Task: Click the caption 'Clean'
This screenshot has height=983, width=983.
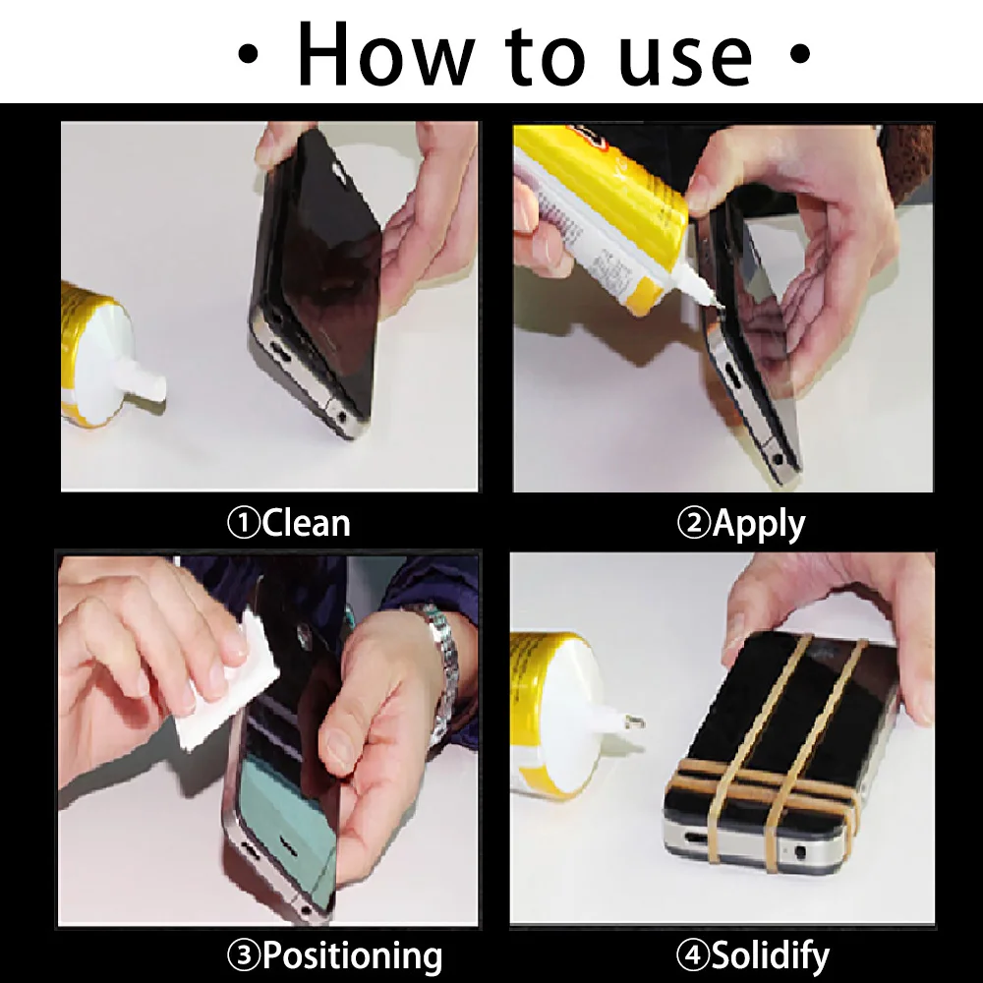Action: tap(306, 523)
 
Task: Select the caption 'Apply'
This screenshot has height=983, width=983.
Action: tap(758, 523)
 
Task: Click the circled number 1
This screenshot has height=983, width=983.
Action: tap(243, 523)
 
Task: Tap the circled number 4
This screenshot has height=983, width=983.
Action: tap(691, 954)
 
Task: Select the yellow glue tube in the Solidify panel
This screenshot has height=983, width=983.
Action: tap(550, 708)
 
